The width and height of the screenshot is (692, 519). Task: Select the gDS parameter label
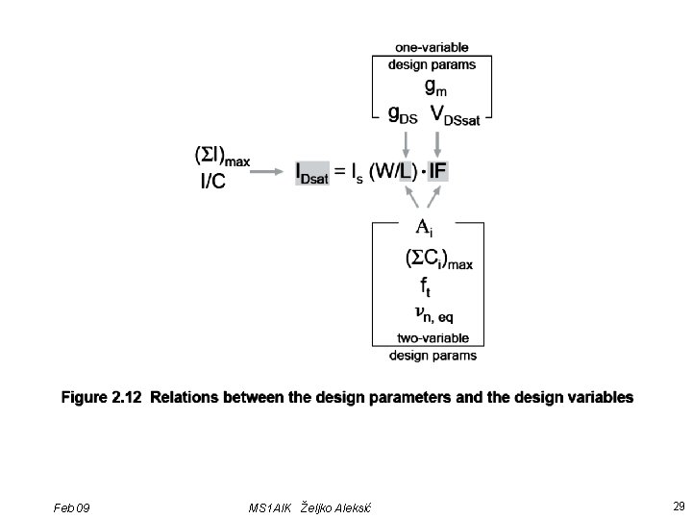tap(403, 114)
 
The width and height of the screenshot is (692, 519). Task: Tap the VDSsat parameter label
tap(461, 114)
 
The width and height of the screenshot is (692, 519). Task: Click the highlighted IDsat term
tap(312, 172)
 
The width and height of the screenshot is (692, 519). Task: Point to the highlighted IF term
tap(437, 171)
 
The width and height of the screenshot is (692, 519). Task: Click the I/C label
tap(212, 181)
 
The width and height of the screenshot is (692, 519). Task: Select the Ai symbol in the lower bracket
tap(425, 229)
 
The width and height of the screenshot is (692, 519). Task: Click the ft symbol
tap(426, 286)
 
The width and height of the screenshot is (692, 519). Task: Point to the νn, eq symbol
tap(433, 313)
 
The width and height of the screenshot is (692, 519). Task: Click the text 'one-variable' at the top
tap(432, 46)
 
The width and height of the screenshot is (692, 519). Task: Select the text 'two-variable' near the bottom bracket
tap(432, 337)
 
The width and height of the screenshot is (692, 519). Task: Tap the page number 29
tap(679, 506)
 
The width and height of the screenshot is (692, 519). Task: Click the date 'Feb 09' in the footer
tap(72, 507)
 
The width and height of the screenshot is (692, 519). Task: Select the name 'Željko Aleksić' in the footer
tap(336, 507)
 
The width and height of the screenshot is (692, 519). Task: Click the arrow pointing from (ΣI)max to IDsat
tap(273, 172)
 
